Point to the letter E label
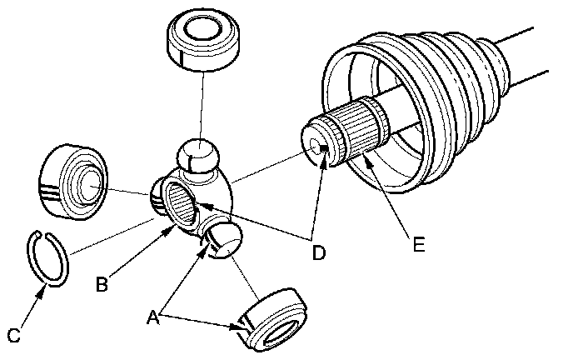click(418, 245)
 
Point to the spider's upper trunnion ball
click(197, 157)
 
